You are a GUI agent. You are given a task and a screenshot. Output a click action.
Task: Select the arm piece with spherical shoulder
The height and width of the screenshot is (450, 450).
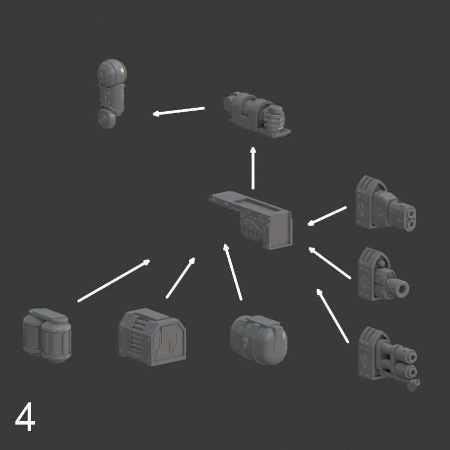pos(111,94)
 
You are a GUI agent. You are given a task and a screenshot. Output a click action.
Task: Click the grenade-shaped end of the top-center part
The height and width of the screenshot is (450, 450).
pos(273,118)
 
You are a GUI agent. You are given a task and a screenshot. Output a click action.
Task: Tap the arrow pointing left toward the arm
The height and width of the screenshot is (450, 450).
pos(179,111)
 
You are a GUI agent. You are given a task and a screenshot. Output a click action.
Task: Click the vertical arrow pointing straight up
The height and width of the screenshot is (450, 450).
pos(253,168)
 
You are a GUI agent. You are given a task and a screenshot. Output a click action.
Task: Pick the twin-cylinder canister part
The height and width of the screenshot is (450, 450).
pos(47,335)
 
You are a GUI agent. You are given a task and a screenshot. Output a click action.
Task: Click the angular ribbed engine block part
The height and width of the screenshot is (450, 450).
pos(152,337)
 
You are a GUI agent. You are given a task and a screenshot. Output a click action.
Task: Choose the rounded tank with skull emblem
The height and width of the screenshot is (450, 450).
pos(258,340)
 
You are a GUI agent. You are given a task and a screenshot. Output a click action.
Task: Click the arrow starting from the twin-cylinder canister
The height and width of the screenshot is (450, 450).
pos(114,281)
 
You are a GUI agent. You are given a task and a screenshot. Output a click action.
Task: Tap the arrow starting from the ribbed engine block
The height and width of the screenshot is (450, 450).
pos(181,278)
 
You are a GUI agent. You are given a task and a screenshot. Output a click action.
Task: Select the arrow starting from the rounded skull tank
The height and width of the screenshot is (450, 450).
pos(233,272)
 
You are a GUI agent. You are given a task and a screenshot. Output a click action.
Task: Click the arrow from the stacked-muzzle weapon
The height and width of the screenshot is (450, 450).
pos(327,216)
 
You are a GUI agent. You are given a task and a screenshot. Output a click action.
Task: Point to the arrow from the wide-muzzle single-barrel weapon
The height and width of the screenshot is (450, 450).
pos(329,262)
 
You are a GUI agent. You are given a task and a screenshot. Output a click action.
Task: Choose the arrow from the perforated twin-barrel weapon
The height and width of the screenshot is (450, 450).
pos(332,316)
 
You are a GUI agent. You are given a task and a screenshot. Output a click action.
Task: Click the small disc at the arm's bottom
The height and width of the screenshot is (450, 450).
pos(107,119)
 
